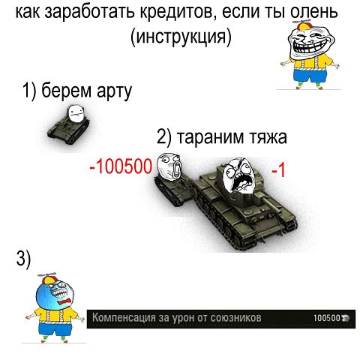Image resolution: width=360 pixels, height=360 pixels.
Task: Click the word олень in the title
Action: (314, 12)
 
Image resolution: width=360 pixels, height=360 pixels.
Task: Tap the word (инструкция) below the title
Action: (181, 37)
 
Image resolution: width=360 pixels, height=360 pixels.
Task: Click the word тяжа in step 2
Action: (268, 137)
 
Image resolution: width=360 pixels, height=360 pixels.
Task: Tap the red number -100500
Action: (121, 166)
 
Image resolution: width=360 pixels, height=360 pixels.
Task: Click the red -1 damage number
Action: (278, 170)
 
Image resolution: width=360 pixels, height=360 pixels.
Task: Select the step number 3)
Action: (23, 259)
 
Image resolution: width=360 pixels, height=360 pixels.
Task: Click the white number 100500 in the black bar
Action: (327, 318)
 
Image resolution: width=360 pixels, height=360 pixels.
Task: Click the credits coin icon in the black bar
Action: (345, 318)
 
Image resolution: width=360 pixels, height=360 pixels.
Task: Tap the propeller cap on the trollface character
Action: (303, 24)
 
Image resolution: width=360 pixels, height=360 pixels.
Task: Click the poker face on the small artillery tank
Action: (76, 113)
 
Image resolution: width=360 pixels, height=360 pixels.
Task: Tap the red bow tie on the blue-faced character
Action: (63, 302)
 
